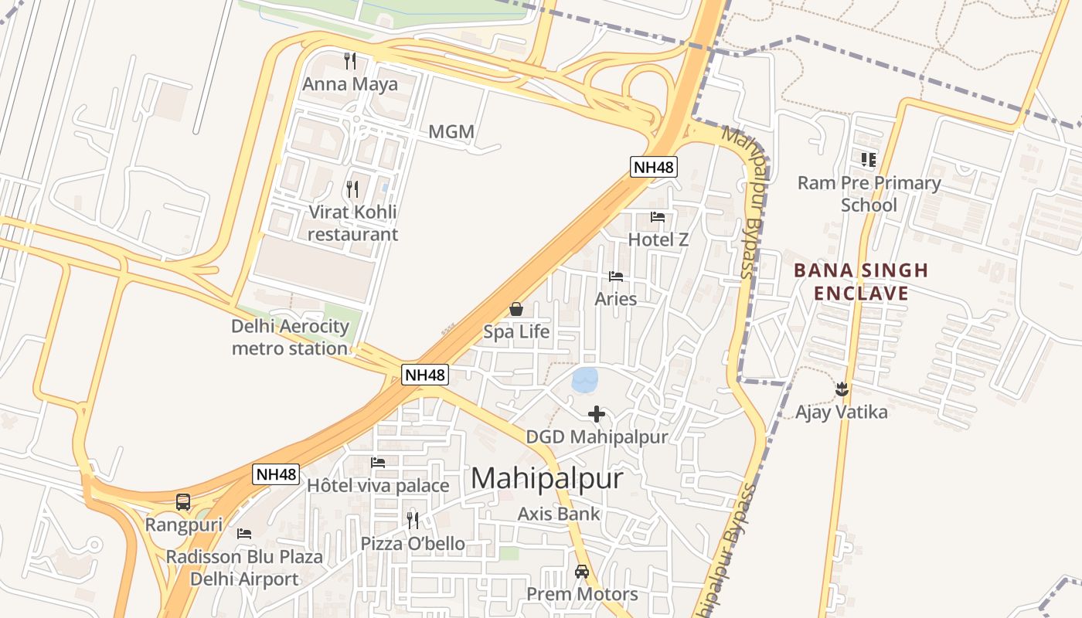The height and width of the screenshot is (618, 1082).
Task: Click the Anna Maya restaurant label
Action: coord(350,84)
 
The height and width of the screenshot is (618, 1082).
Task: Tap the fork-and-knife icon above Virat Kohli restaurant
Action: coord(352,188)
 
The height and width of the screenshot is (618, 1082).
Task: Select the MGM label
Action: coord(451,131)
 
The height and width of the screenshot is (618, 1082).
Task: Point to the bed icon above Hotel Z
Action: coord(658,217)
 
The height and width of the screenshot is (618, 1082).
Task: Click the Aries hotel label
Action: coord(616,299)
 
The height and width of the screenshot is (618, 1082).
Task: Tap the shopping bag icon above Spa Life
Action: coord(516,310)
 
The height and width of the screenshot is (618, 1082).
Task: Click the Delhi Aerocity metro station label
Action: coord(291,338)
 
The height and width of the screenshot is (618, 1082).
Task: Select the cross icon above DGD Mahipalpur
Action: coord(597,414)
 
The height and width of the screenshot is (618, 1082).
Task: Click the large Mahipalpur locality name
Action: coord(546,478)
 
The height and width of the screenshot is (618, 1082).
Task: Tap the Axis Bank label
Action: coord(559,514)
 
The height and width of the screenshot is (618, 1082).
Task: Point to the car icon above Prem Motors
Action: coord(582,572)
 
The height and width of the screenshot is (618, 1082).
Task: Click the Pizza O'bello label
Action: coord(413,544)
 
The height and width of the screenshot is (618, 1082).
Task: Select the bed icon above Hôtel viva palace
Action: coord(378,463)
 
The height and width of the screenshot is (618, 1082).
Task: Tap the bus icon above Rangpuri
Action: coord(183,502)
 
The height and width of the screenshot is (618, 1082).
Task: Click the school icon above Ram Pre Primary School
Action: coord(869,160)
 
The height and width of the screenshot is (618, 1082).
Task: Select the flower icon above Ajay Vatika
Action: coord(842,389)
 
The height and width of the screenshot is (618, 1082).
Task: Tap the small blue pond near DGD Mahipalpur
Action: coord(584,379)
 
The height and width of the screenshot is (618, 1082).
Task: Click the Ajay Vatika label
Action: coord(842,412)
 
